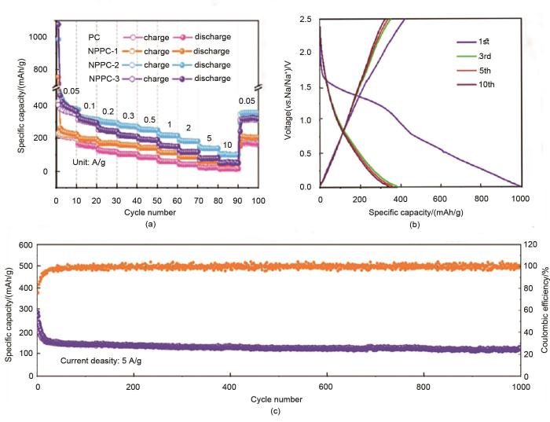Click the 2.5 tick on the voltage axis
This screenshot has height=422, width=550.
point(309,19)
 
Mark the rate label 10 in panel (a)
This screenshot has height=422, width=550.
point(226,145)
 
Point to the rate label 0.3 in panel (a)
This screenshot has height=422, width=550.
point(128,116)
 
